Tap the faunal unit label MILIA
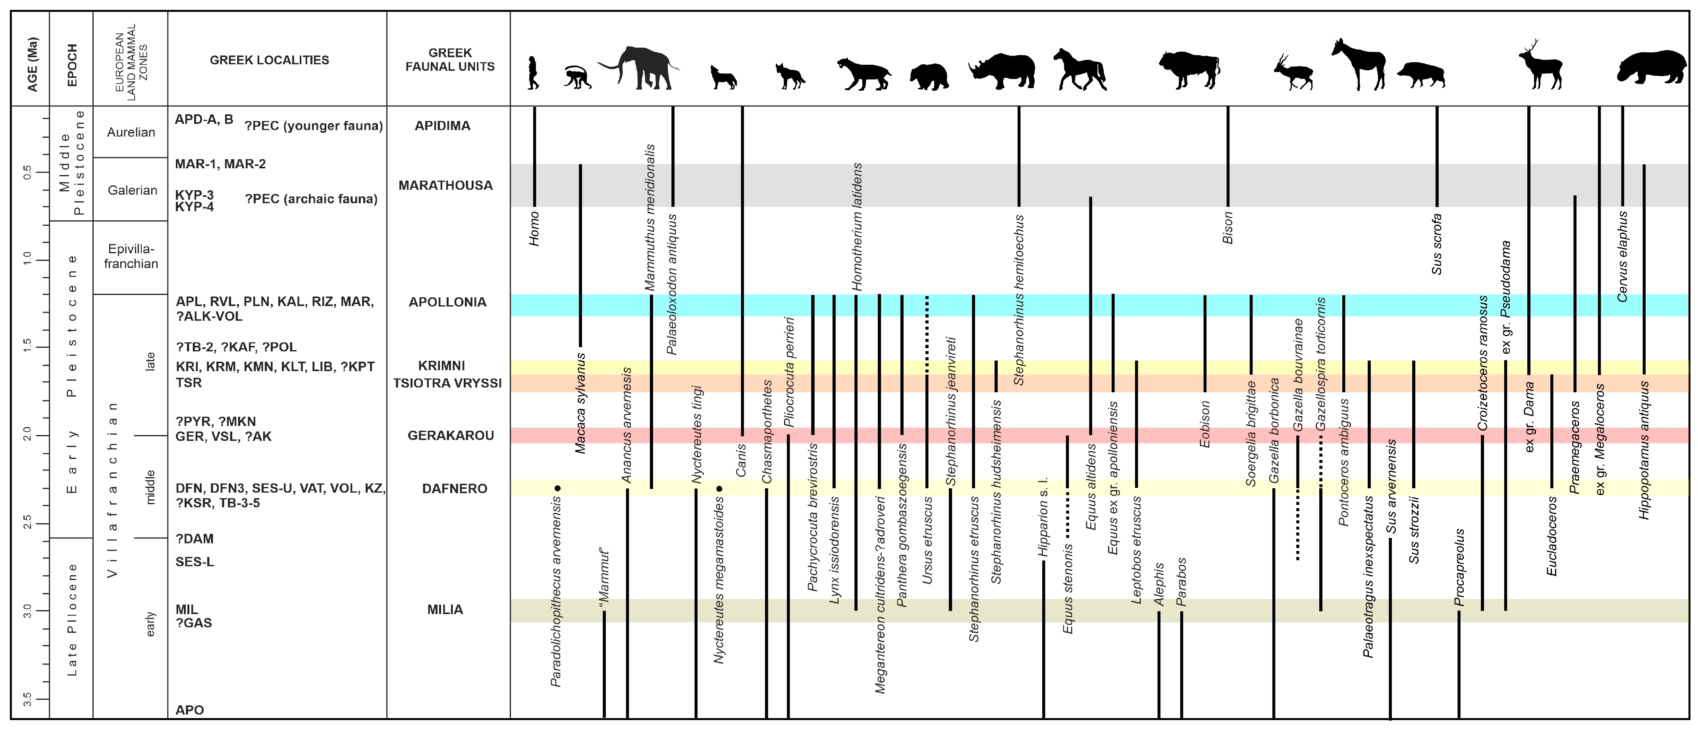click(x=445, y=609)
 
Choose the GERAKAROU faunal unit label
click(x=450, y=435)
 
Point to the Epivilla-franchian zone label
click(x=131, y=256)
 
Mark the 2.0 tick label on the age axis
click(x=28, y=435)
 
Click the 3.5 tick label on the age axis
click(x=28, y=698)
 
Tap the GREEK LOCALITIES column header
click(x=269, y=60)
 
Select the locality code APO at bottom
click(x=189, y=710)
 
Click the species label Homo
click(x=534, y=229)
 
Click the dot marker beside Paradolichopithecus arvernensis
click(x=558, y=488)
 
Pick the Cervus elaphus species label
click(x=1622, y=257)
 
